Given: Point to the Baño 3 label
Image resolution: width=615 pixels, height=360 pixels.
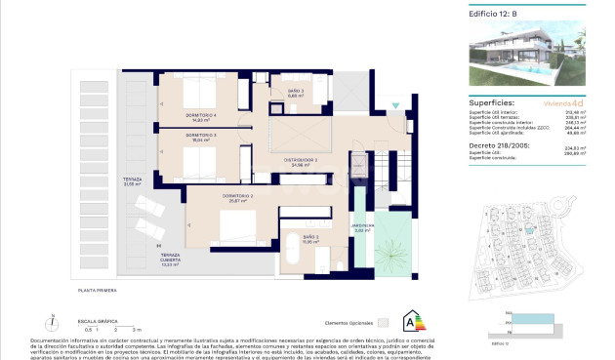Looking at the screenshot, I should point(295,95).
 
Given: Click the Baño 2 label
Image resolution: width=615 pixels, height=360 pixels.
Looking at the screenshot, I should point(310,239).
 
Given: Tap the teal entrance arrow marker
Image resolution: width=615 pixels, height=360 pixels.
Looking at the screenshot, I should point(394,104).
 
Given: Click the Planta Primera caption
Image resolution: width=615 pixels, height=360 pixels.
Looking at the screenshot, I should point(98,291).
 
